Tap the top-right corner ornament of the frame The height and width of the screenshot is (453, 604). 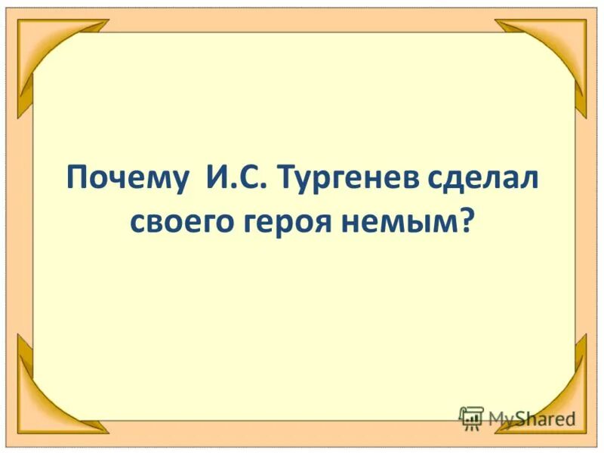559,49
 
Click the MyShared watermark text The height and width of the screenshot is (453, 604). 532,418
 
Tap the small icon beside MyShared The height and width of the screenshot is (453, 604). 471,418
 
